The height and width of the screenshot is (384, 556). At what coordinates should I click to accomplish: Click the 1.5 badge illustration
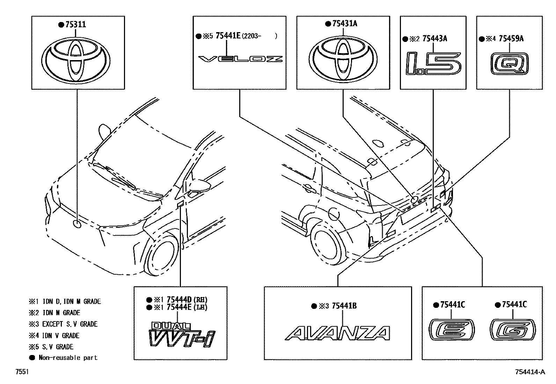(x=433, y=64)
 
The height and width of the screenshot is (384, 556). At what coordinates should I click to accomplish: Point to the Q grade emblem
(x=509, y=64)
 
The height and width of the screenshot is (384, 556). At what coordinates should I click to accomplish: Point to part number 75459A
(x=511, y=39)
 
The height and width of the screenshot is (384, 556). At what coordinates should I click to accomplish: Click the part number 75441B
(x=344, y=306)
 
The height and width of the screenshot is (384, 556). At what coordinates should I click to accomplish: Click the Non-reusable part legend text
(x=68, y=358)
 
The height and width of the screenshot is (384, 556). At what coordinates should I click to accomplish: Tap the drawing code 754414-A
(x=529, y=372)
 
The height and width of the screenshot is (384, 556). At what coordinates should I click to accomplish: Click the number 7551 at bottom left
(x=22, y=372)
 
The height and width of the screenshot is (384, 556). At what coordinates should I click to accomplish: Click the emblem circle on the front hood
(x=77, y=224)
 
